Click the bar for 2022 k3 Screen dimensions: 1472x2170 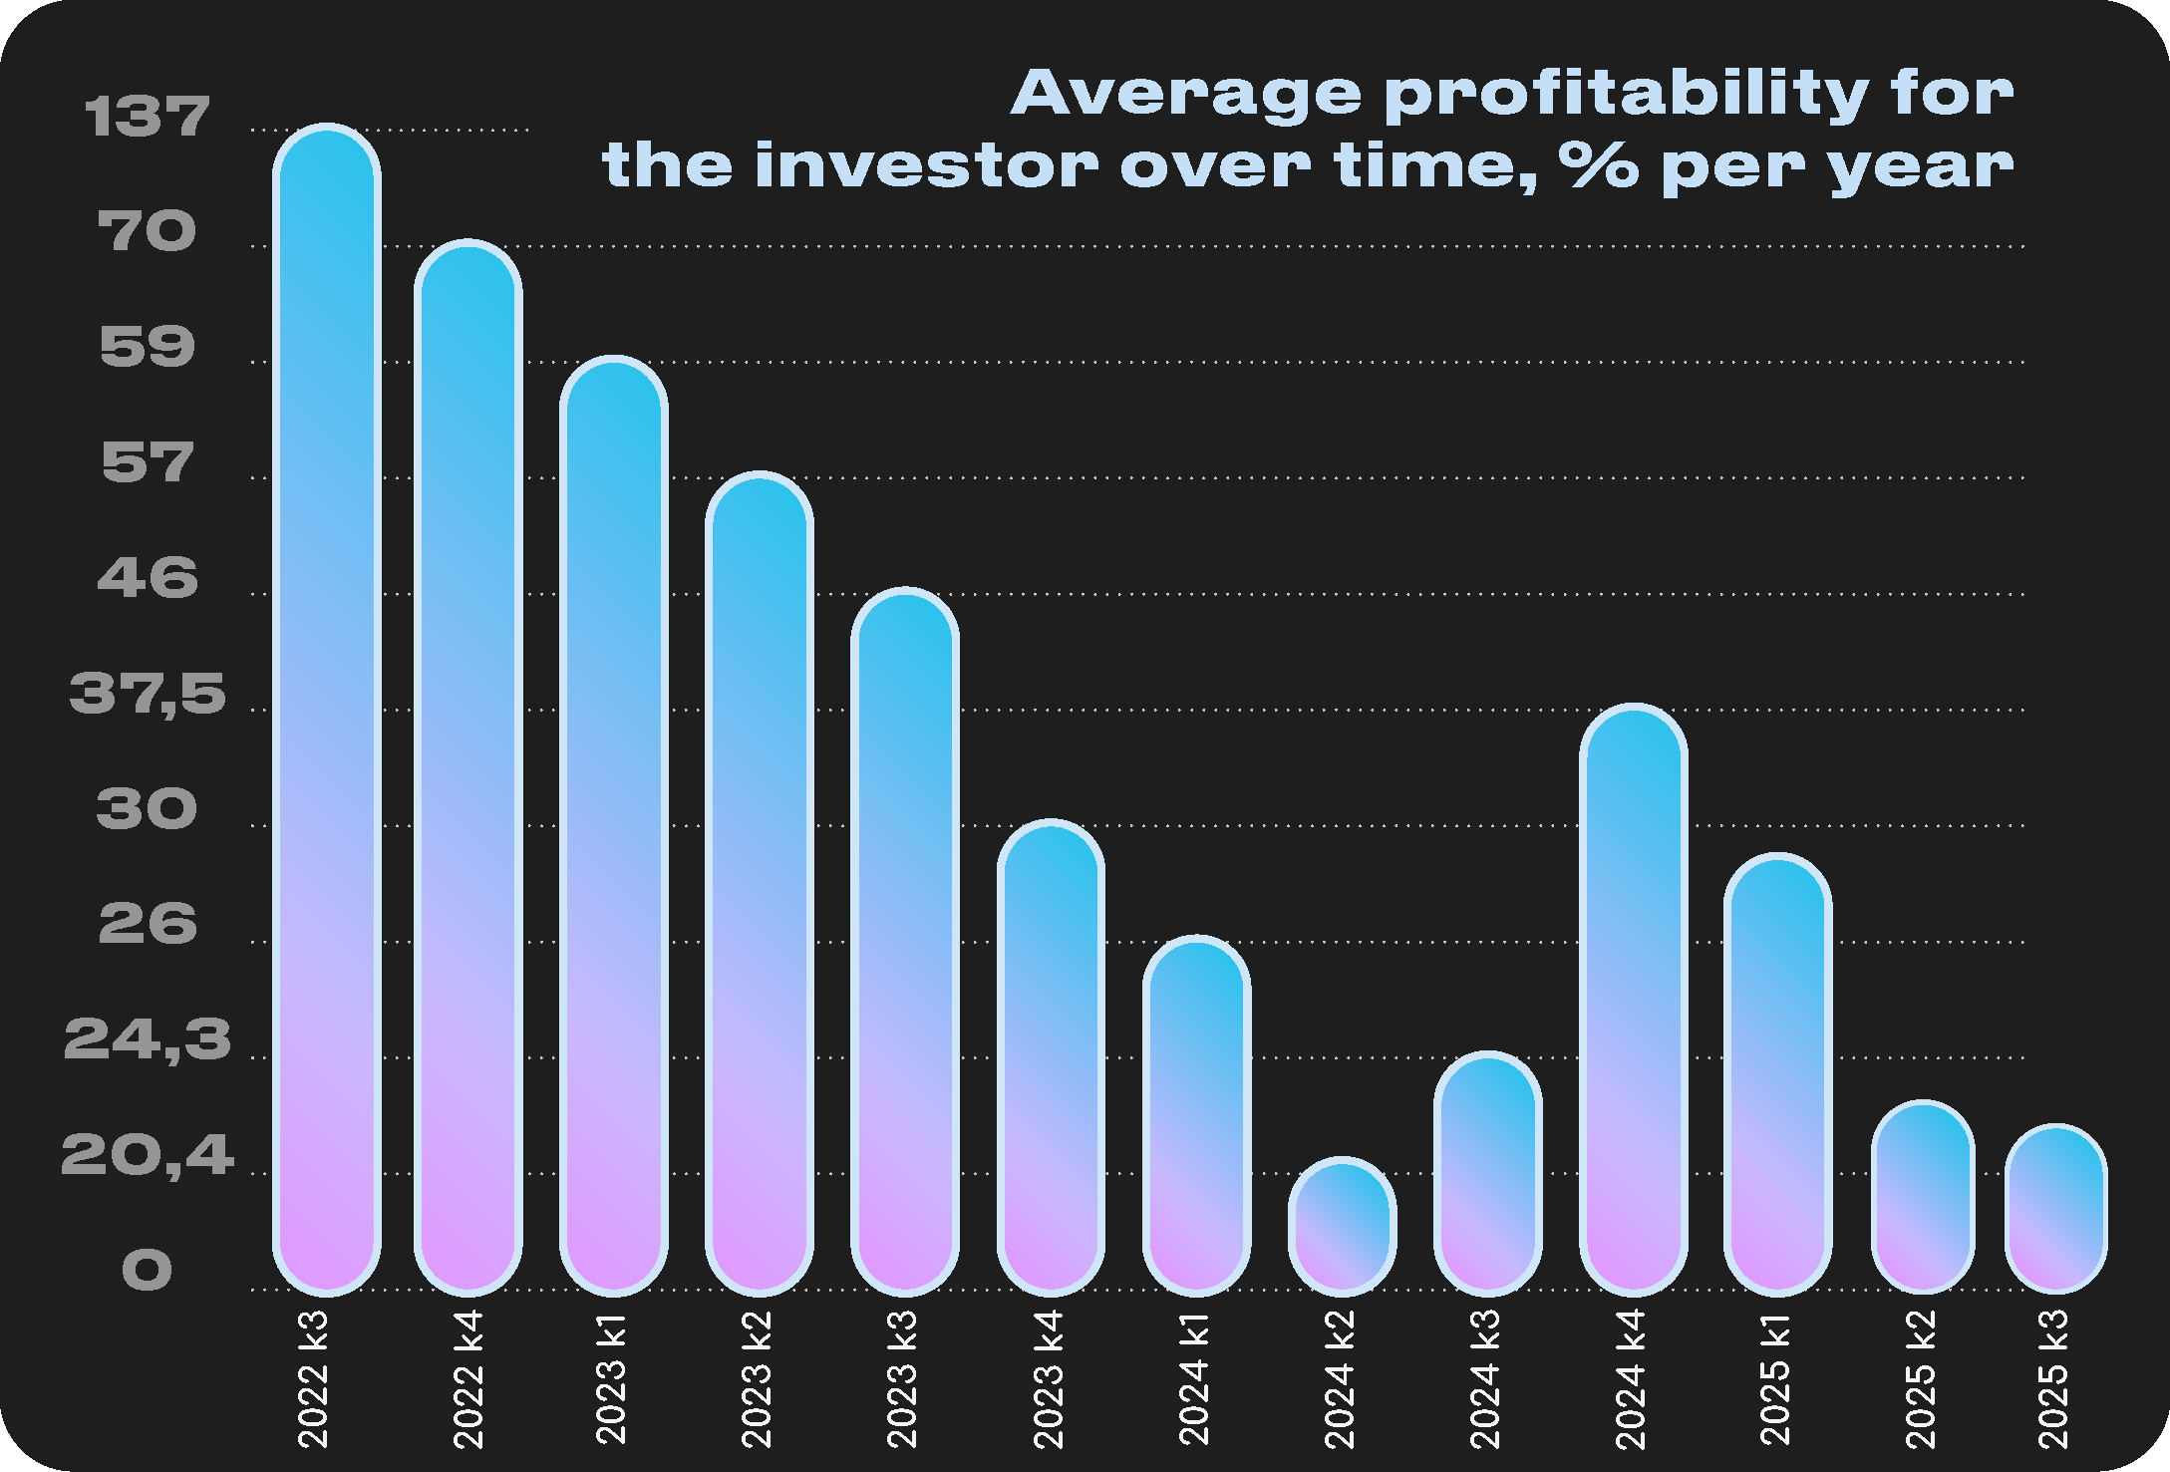pyautogui.click(x=327, y=710)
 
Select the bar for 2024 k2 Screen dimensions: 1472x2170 pyautogui.click(x=1342, y=1226)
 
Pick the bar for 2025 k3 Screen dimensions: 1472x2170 pyautogui.click(x=2055, y=1208)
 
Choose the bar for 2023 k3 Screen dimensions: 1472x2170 pyautogui.click(x=904, y=942)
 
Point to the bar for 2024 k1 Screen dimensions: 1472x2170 pyautogui.click(x=1196, y=1115)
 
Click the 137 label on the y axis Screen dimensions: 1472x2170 pyautogui.click(x=148, y=117)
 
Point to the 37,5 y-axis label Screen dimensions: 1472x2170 pyautogui.click(x=148, y=693)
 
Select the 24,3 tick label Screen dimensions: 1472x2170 pyautogui.click(x=148, y=1039)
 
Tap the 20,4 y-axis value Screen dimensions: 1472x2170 pyautogui.click(x=148, y=1155)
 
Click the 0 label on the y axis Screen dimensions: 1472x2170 pyautogui.click(x=148, y=1271)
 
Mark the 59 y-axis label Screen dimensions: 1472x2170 pyautogui.click(x=148, y=347)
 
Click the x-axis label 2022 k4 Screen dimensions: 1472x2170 pyautogui.click(x=468, y=1379)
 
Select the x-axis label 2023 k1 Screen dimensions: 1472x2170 pyautogui.click(x=612, y=1379)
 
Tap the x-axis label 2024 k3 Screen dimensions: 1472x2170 pyautogui.click(x=1486, y=1379)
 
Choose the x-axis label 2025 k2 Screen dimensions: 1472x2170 pyautogui.click(x=1921, y=1379)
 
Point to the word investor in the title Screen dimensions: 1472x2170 pyautogui.click(x=927, y=165)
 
